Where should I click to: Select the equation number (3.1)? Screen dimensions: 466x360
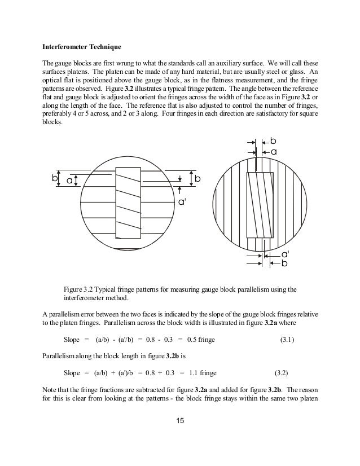pos(291,341)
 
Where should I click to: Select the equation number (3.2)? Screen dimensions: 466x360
pos(284,373)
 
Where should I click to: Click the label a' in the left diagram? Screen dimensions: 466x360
pos(182,201)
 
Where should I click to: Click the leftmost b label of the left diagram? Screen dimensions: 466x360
pos(54,178)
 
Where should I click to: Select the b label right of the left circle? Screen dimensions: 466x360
pos(197,178)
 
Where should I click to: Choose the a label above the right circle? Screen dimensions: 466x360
pos(274,152)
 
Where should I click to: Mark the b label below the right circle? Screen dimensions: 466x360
pos(284,263)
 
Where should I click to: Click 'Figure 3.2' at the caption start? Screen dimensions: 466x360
pos(79,289)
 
